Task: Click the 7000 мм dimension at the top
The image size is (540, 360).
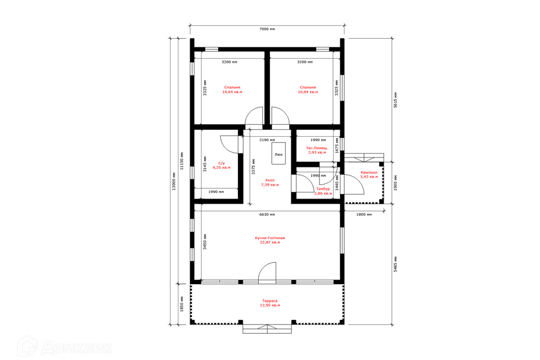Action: click(267, 29)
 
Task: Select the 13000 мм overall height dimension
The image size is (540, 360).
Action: click(174, 181)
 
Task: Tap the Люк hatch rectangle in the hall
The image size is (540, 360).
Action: click(278, 154)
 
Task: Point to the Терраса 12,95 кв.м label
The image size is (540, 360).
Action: click(269, 303)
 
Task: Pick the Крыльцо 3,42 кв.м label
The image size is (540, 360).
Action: click(369, 175)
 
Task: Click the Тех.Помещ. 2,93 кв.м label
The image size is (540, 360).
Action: click(317, 150)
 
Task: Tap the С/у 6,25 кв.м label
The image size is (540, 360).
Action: click(222, 165)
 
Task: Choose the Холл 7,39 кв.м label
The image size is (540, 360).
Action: click(269, 183)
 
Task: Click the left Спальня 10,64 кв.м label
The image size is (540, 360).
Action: click(232, 89)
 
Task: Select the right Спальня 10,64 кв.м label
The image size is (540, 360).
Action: click(308, 89)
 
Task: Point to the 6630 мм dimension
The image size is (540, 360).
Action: click(267, 215)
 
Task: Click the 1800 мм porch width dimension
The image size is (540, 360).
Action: click(364, 215)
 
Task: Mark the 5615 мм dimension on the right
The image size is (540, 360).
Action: click(395, 100)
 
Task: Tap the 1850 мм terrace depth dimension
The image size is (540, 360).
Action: click(182, 304)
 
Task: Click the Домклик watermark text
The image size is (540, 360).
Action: click(77, 348)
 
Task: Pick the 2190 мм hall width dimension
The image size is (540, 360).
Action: click(267, 140)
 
